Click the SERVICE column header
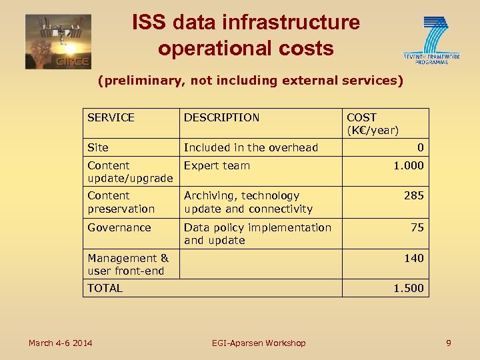(x=111, y=117)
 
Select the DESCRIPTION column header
(x=221, y=117)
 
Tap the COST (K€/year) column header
(x=372, y=124)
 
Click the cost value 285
(x=413, y=196)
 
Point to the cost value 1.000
(x=408, y=165)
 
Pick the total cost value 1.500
(x=408, y=288)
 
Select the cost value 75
(x=417, y=227)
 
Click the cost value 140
(x=413, y=258)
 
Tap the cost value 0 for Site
(x=420, y=147)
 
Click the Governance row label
(x=119, y=227)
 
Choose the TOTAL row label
(x=105, y=288)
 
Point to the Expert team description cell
(x=217, y=165)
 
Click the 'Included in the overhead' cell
(x=251, y=147)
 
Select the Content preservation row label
(x=121, y=202)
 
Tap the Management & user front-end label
(x=128, y=264)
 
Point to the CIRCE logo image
(x=58, y=41)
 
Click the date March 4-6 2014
(x=60, y=343)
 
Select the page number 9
(x=449, y=343)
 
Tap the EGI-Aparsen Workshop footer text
(x=259, y=343)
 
